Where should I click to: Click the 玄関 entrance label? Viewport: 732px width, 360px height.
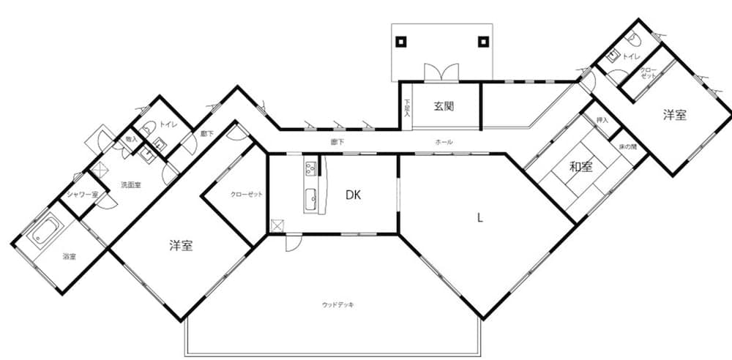444,106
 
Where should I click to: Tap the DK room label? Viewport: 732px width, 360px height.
354,195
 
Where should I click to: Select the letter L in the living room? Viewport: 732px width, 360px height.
479,217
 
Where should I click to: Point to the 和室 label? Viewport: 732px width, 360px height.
581,167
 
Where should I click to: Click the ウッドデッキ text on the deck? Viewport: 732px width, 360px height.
338,304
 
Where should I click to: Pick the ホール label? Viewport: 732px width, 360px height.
444,141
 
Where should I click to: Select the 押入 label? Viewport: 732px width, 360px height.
602,120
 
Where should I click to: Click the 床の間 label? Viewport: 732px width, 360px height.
627,146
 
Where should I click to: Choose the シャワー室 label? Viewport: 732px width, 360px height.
82,194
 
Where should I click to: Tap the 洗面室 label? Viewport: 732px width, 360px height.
130,185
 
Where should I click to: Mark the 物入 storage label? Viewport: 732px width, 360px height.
131,138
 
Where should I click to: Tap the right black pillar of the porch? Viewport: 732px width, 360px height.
482,42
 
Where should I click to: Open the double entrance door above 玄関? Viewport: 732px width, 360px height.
441,73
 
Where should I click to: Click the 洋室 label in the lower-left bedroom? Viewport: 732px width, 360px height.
180,246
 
